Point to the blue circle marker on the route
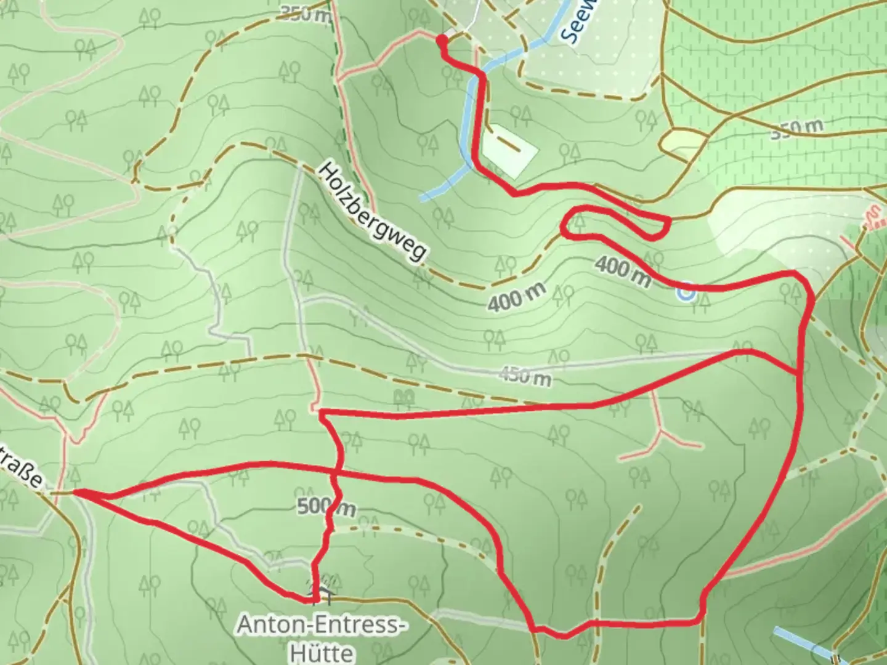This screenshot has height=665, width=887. pos(686,292)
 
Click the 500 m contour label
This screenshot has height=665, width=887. pos(326,507)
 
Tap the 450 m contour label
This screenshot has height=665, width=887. pos(524,375)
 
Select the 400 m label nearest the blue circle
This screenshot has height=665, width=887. pos(623,272)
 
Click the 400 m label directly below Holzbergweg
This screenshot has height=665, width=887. pos(516,299)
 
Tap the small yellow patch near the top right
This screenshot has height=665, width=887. pos(681,142)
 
